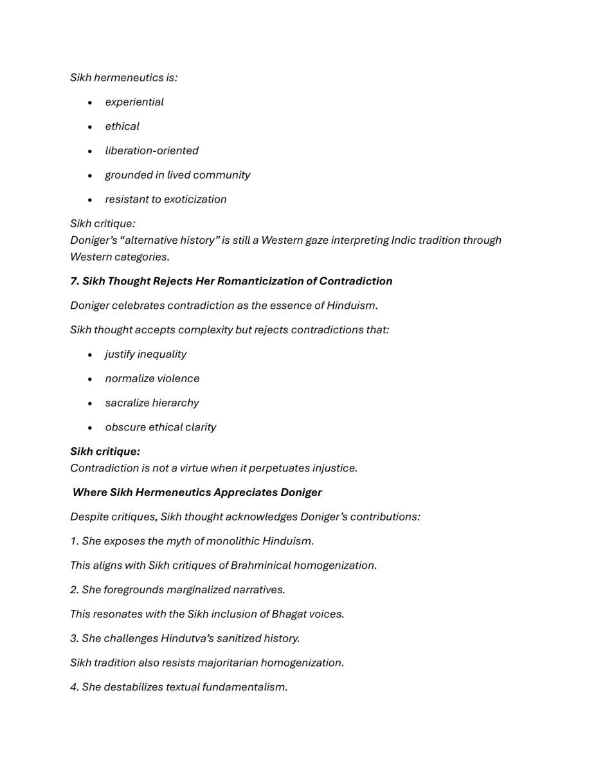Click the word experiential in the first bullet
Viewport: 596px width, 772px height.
134,102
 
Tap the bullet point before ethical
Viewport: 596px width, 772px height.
90,127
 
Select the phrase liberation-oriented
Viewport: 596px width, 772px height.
152,151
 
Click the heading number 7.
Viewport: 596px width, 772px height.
74,281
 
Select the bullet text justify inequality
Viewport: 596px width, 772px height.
146,354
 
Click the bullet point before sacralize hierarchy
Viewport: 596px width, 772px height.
90,403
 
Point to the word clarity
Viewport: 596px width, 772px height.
200,427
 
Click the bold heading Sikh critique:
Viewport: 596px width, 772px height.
105,452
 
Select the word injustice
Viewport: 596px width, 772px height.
334,468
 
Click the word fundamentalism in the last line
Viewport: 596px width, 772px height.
244,687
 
